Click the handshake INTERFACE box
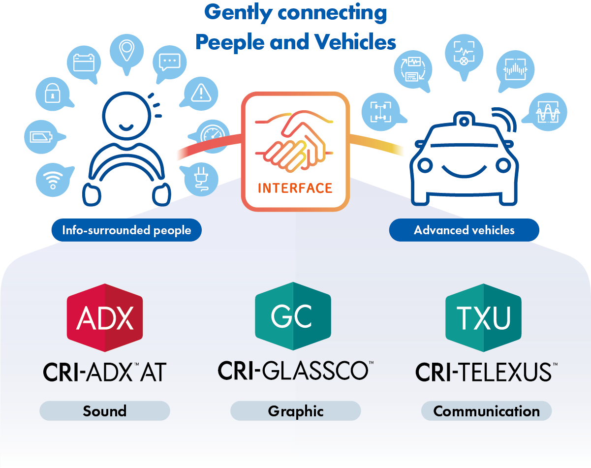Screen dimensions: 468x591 click(295, 151)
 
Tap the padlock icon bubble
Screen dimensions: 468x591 click(51, 94)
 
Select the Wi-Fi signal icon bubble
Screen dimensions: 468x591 click(52, 180)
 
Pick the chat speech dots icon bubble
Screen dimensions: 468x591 click(169, 62)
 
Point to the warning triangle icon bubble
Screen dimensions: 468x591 click(200, 93)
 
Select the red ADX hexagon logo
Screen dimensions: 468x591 click(105, 317)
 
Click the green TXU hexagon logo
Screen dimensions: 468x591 click(483, 317)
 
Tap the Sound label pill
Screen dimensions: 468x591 click(104, 411)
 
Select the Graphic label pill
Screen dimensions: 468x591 click(296, 411)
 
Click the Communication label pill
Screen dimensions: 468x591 click(486, 411)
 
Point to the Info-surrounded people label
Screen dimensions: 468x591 click(126, 230)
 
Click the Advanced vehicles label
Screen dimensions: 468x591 click(464, 230)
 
